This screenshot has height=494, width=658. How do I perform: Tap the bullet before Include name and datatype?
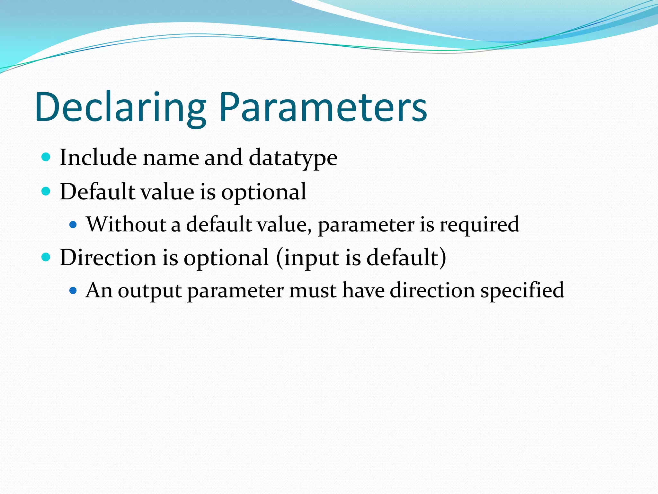click(46, 157)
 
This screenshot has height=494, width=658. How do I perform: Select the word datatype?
click(293, 158)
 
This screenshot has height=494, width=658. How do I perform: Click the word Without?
click(126, 224)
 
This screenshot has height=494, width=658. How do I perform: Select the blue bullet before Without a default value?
click(73, 224)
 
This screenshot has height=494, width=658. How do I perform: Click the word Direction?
click(108, 258)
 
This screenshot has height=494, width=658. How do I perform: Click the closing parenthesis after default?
click(443, 258)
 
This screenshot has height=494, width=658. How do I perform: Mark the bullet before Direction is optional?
click(46, 257)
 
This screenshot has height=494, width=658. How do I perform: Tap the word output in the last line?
click(150, 291)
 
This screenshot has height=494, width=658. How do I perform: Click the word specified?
click(522, 291)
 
